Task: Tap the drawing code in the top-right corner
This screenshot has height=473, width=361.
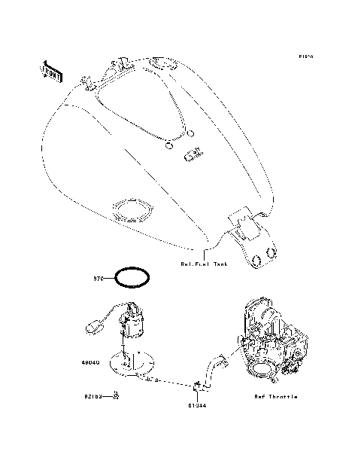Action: point(305,56)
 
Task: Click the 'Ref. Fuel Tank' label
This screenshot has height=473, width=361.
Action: point(205,264)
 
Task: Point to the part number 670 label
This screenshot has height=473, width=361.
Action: point(97,279)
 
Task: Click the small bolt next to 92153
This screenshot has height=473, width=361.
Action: point(116,394)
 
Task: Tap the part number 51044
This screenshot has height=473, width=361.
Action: point(198,405)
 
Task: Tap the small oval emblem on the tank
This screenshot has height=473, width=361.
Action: point(193,155)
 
